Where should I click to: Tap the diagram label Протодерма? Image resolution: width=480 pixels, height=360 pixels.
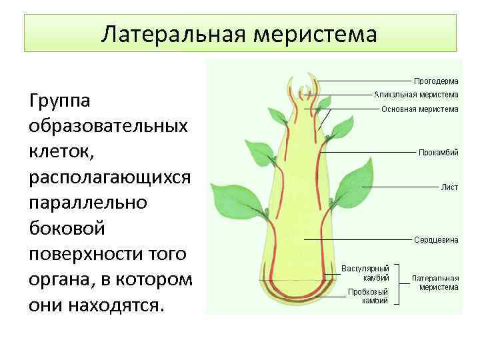tap(436, 81)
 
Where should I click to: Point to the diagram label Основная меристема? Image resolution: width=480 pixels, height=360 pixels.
tap(419, 109)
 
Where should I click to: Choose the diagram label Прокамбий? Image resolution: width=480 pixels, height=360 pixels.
tap(438, 153)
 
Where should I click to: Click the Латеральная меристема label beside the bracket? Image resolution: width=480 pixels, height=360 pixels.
tap(435, 282)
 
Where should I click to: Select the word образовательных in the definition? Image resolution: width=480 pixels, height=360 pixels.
tap(107, 127)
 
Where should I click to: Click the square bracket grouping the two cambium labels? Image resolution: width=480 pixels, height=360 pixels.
tap(398, 284)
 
